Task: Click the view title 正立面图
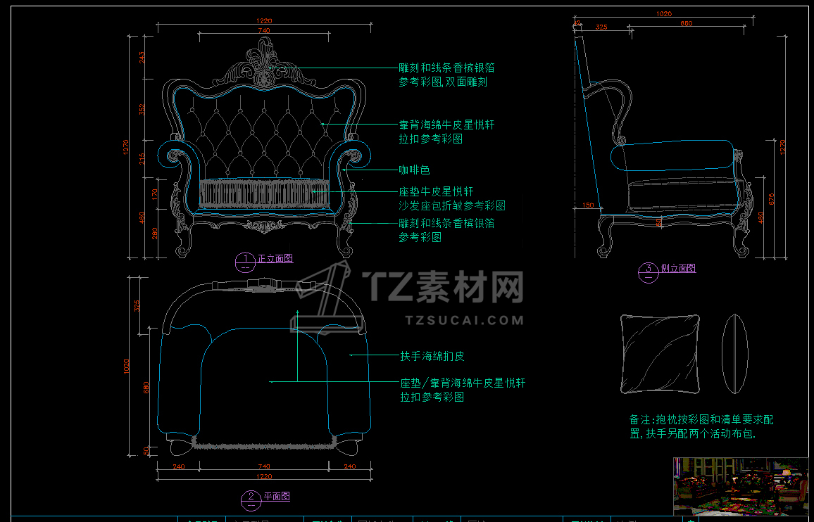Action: (x=275, y=259)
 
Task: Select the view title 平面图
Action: (x=277, y=497)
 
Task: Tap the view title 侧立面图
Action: (x=678, y=269)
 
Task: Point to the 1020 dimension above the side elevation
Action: (x=663, y=13)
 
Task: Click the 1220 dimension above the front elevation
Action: (x=264, y=22)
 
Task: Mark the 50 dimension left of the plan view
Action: (x=146, y=450)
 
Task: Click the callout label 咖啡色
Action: (x=414, y=170)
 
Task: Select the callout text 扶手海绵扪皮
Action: (x=432, y=357)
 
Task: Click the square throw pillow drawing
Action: (x=660, y=353)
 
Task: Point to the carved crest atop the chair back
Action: (x=264, y=63)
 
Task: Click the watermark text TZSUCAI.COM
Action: (x=465, y=320)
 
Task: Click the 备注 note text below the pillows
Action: (x=701, y=426)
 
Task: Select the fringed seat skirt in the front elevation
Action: (x=265, y=193)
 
